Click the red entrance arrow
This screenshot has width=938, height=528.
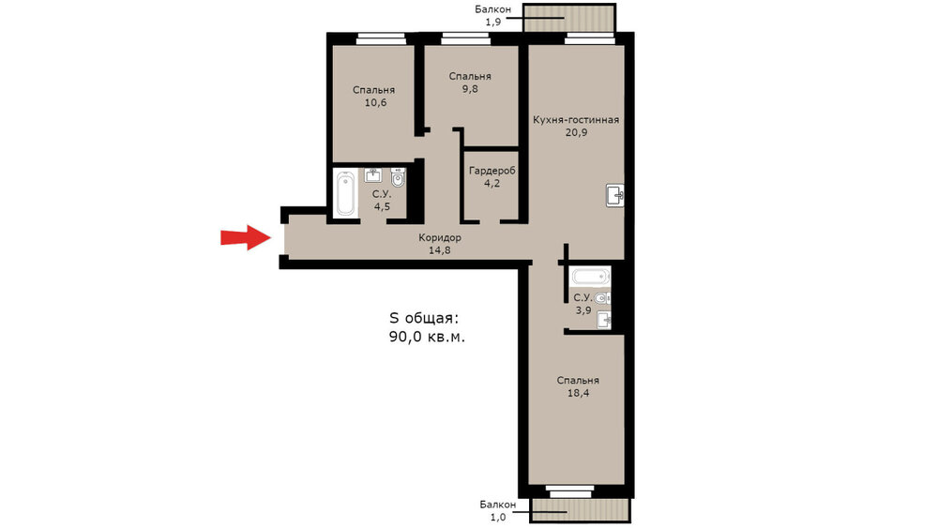pyautogui.click(x=246, y=237)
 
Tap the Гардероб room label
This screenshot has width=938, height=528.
pyautogui.click(x=492, y=171)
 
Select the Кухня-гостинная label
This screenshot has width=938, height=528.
pyautogui.click(x=576, y=120)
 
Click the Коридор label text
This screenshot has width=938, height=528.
pyautogui.click(x=440, y=237)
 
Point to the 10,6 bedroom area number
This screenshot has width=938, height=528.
pyautogui.click(x=376, y=103)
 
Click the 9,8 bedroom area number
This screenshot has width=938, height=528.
pyautogui.click(x=470, y=89)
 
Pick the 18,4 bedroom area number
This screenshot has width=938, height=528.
pyautogui.click(x=578, y=393)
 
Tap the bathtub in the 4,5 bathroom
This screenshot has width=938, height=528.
pyautogui.click(x=346, y=193)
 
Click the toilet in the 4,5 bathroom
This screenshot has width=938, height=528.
pyautogui.click(x=398, y=177)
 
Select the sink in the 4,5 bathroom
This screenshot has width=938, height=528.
pyautogui.click(x=373, y=175)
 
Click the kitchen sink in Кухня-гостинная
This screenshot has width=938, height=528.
pyautogui.click(x=615, y=195)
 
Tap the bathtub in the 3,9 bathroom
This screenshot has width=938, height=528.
pyautogui.click(x=590, y=277)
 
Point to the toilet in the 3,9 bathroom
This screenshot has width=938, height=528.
pyautogui.click(x=602, y=298)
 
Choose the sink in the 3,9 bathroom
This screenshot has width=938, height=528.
pyautogui.click(x=604, y=320)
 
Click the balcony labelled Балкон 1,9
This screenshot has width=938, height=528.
pyautogui.click(x=569, y=18)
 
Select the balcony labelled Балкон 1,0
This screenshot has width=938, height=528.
pyautogui.click(x=581, y=511)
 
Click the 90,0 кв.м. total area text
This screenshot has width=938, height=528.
pyautogui.click(x=427, y=337)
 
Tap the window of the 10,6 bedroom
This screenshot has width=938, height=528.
pyautogui.click(x=382, y=39)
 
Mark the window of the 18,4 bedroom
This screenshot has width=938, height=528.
pyautogui.click(x=570, y=491)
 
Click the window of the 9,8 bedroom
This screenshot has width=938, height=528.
pyautogui.click(x=465, y=39)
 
